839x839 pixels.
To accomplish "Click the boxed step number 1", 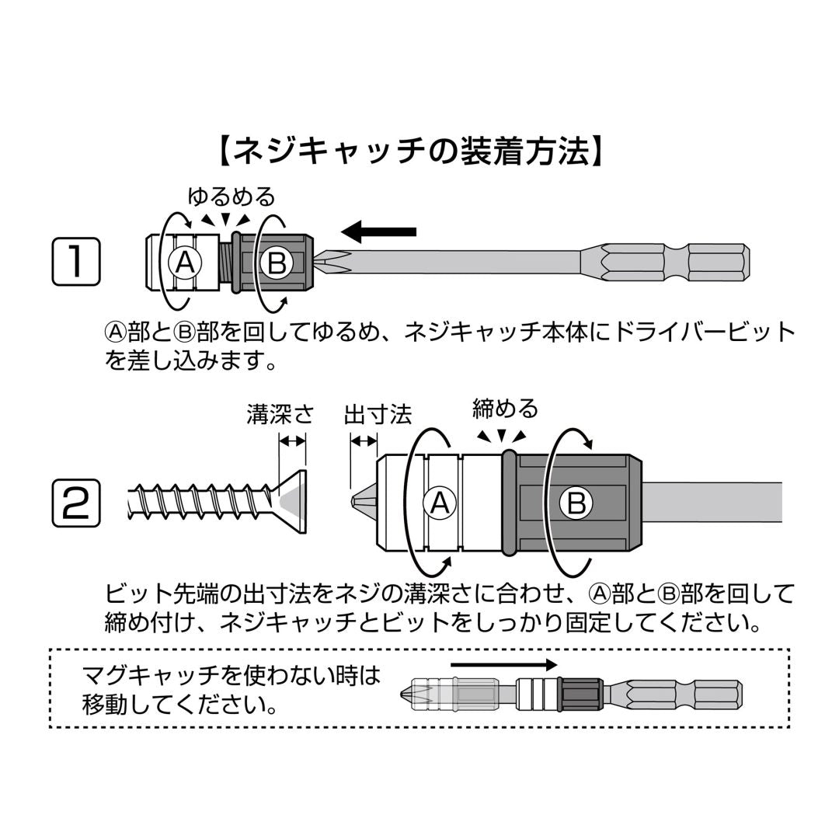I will point(76,262).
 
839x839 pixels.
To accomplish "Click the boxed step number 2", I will point(76,503).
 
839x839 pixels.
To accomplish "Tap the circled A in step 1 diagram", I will point(185,264).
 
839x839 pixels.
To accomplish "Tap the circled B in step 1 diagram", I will point(276,264).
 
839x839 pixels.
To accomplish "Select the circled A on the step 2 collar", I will point(440,503).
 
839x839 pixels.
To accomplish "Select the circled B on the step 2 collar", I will point(576,503).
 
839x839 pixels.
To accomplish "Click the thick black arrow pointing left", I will point(379,231).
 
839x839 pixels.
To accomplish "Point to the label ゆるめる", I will point(232,195).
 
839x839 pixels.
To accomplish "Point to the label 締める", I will point(505,408).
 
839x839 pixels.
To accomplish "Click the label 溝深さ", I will point(280,414).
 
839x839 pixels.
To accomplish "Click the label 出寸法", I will point(378,414).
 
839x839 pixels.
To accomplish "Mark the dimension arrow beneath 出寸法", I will point(364,441).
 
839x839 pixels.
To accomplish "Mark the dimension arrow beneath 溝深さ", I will point(293,441).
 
